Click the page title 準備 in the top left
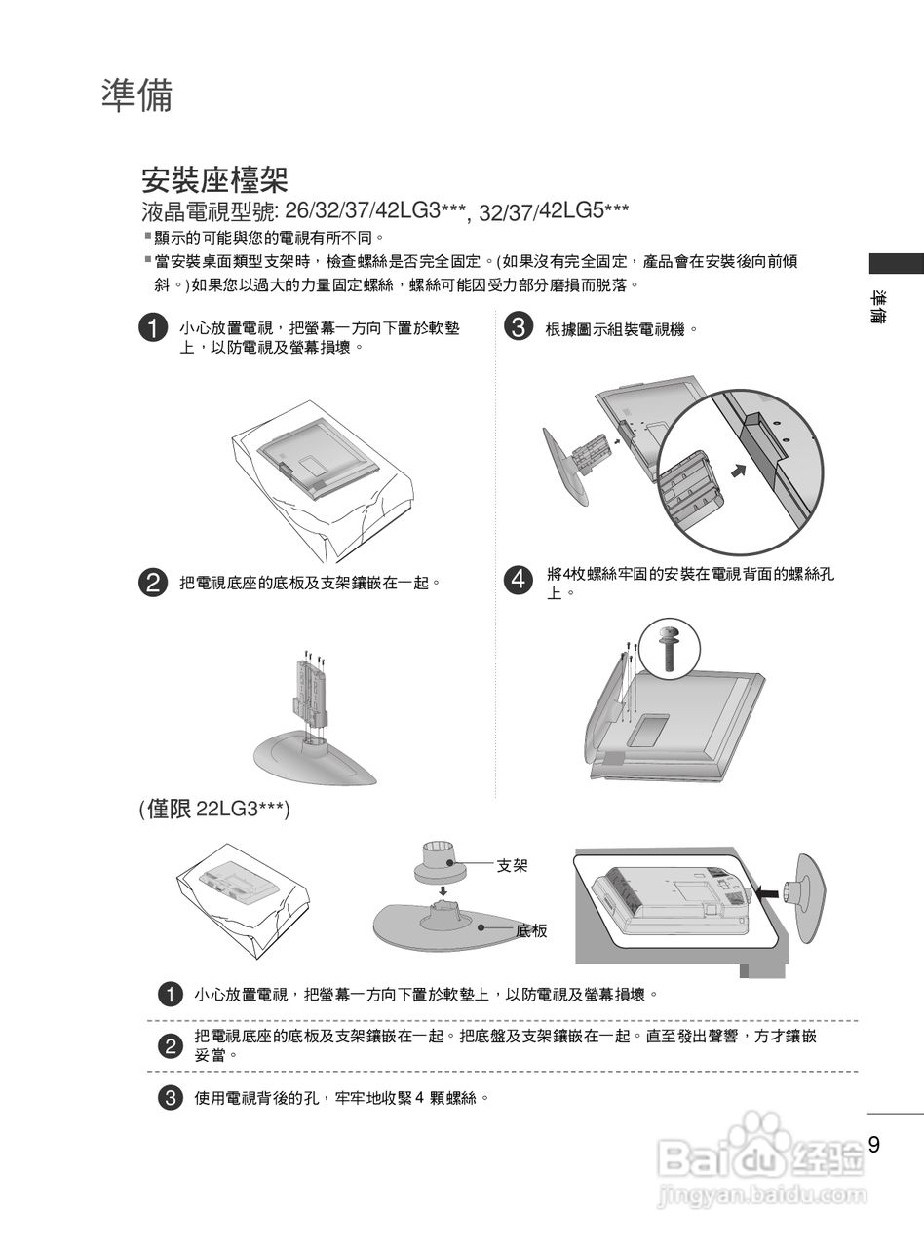[137, 96]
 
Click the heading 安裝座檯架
[214, 180]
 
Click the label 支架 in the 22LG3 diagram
[513, 864]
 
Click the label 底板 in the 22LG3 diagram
[531, 930]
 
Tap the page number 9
[873, 1145]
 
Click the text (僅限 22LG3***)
[214, 811]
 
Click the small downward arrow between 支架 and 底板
[443, 889]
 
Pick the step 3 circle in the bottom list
[170, 1098]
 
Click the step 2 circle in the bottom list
[170, 1045]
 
